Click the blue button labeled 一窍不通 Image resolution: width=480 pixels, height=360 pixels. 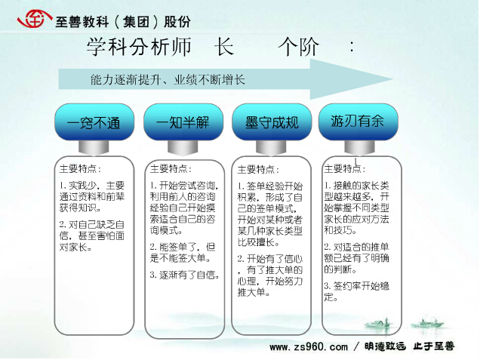point(94,122)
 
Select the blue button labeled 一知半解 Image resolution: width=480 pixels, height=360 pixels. point(183,122)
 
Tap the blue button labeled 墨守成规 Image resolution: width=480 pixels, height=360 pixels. point(272,122)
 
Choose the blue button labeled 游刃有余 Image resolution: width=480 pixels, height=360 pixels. point(358,122)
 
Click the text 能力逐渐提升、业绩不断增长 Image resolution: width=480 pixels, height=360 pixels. point(168,80)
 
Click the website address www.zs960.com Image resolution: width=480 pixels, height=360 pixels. point(309,347)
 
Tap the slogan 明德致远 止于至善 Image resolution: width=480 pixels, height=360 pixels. point(409,346)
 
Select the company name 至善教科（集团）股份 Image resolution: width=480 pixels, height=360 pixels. point(123,22)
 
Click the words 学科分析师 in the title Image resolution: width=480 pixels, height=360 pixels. point(139,47)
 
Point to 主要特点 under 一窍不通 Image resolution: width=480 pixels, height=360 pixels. point(80,168)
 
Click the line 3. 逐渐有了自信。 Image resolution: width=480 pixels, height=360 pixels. point(185,275)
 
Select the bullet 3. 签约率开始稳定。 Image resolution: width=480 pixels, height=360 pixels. point(357,291)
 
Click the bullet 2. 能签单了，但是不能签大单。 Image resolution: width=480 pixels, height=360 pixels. point(183,253)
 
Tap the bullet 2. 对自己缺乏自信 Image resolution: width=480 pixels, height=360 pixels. point(92,235)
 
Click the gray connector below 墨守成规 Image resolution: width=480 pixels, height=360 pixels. point(271,148)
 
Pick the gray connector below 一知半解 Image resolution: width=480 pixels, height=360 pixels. point(183,148)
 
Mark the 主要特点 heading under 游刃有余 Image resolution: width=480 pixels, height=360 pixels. point(345,168)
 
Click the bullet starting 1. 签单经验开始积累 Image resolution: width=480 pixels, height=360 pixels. point(270,214)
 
